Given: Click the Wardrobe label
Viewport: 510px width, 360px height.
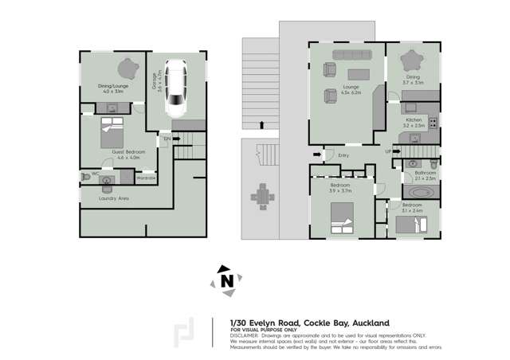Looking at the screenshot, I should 147,178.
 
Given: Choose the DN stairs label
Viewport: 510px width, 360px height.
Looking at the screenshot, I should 167,140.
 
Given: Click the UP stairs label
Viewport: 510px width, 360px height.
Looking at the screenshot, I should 388,151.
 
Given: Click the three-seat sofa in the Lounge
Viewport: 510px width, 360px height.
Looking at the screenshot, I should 347,55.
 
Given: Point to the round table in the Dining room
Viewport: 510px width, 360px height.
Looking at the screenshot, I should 413,60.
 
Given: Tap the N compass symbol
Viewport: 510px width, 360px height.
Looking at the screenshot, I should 227,280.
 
